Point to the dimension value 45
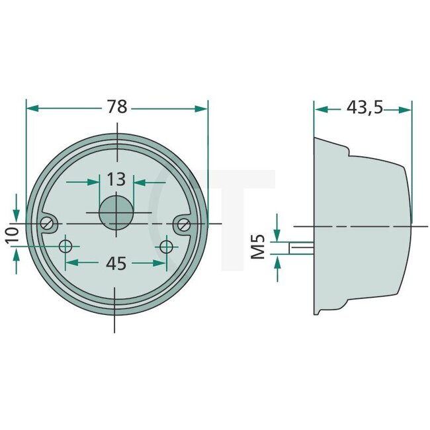coord(116,263)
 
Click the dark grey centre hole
coord(116,212)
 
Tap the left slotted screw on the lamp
coord(47,224)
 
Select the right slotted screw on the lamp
coord(184,225)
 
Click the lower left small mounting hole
coord(65,247)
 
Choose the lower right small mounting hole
coord(166,247)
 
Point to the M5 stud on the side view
coord(302,247)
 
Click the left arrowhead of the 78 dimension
coord(31,108)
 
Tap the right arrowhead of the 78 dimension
coord(202,108)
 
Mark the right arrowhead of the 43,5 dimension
coord(406,108)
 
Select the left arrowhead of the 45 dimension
coord(72,263)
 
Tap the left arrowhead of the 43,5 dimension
coord(320,108)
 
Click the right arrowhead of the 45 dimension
coord(159,263)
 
